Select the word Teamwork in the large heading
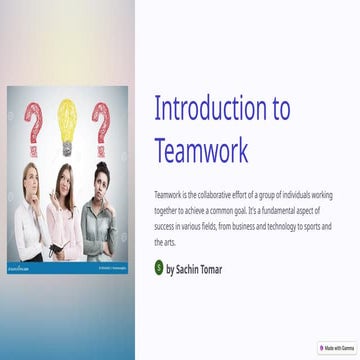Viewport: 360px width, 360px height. pos(201,149)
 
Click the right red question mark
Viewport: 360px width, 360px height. pos(101,125)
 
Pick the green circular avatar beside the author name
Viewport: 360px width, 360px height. pos(159,268)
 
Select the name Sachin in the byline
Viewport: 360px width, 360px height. pos(186,269)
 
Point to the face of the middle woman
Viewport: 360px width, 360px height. pos(64,182)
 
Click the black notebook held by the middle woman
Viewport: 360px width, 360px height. pos(62,246)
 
